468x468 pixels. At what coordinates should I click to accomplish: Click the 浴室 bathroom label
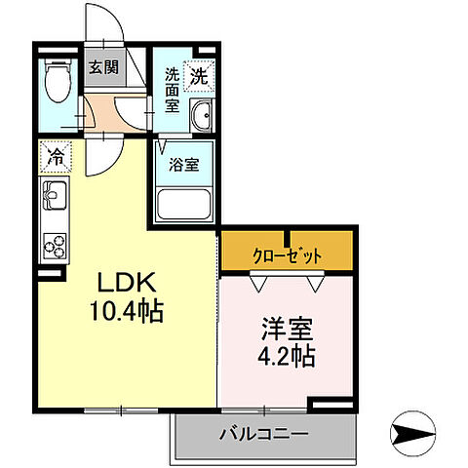click(185, 163)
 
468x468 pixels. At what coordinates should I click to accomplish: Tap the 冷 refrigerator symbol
click(56, 155)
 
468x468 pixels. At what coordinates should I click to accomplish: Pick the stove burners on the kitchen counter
click(53, 245)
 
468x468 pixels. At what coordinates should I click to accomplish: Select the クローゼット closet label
click(289, 254)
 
